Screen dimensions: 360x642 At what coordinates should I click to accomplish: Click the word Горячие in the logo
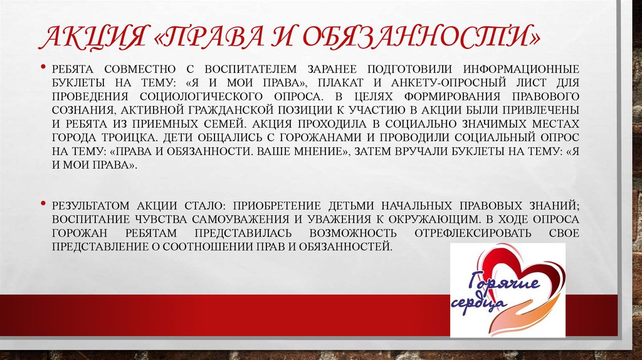(495, 282)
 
